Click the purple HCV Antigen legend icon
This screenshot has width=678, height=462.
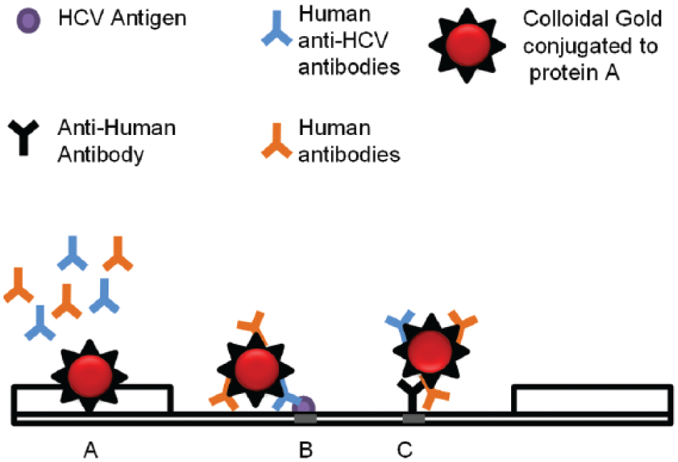click(x=29, y=20)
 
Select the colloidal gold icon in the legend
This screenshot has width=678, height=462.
click(x=467, y=45)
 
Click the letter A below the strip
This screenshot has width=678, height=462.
click(x=90, y=450)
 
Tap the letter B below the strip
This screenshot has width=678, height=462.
click(x=306, y=450)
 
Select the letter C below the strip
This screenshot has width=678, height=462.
click(x=405, y=450)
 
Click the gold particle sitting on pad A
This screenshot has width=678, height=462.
click(x=90, y=376)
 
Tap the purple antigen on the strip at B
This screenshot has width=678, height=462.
click(x=305, y=406)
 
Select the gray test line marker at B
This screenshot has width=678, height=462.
click(x=305, y=418)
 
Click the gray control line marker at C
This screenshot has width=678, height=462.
click(x=414, y=418)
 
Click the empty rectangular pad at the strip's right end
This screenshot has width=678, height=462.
click(x=592, y=399)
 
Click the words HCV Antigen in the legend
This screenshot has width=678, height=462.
click(x=122, y=19)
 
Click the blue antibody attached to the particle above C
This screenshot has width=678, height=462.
click(x=400, y=324)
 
